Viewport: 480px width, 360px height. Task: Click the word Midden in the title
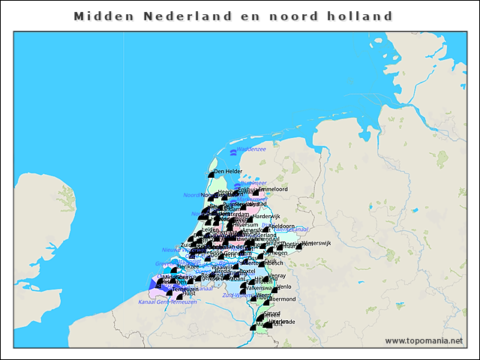click(x=102, y=16)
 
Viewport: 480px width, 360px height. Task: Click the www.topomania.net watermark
click(x=423, y=341)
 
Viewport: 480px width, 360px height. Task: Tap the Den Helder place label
click(x=229, y=172)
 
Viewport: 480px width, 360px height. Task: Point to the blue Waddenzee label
click(x=252, y=149)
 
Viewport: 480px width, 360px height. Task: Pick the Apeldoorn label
click(x=282, y=226)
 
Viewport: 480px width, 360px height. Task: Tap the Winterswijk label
click(x=314, y=242)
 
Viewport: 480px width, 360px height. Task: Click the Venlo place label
click(x=284, y=286)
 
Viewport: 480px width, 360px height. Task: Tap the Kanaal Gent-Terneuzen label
click(x=167, y=302)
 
